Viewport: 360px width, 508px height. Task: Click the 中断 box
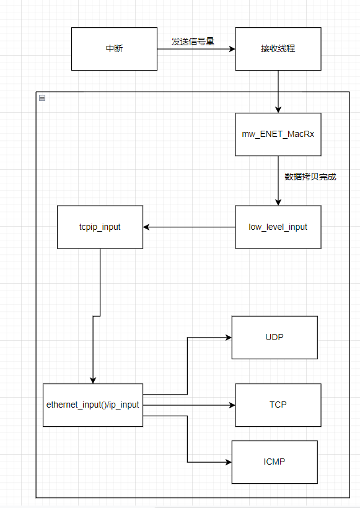click(114, 48)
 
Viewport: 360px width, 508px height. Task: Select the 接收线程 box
click(278, 48)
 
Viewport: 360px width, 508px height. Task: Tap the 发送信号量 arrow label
click(193, 42)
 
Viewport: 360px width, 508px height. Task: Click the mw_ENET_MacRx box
click(278, 134)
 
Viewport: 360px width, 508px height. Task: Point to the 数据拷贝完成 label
click(310, 177)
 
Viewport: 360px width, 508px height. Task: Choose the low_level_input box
click(278, 227)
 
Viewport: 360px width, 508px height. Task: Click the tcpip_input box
click(100, 227)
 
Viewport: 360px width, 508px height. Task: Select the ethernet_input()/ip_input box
click(92, 405)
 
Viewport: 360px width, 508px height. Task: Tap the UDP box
click(274, 337)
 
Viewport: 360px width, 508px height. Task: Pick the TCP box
click(278, 405)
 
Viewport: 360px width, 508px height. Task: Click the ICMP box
click(274, 462)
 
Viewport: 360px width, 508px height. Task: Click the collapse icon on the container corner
click(42, 97)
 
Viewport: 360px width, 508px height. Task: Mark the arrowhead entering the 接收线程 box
click(232, 48)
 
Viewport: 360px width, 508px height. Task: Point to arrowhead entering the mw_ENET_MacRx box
click(278, 110)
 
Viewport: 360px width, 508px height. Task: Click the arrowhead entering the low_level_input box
click(278, 203)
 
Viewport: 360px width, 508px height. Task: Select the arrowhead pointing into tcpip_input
click(147, 227)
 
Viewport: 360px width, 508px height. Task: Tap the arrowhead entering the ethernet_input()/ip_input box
click(93, 380)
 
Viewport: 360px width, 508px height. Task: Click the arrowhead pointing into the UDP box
click(228, 338)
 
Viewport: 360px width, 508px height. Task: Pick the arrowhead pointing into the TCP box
click(232, 405)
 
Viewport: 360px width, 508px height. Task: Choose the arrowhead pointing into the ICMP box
click(228, 462)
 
